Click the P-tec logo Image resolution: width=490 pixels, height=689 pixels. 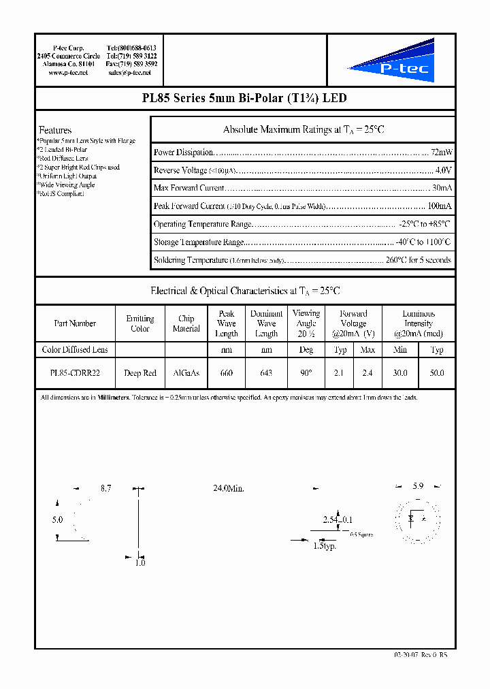pos(391,62)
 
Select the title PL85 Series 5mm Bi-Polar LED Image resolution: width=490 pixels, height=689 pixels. pos(244,98)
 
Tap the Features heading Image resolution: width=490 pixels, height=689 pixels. pos(55,130)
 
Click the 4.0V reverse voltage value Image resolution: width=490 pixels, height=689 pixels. pos(443,170)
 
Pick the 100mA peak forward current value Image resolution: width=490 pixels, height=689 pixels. pos(438,206)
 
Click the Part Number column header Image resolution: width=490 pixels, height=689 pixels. pos(75,323)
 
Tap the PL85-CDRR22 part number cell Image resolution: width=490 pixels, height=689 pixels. pos(75,373)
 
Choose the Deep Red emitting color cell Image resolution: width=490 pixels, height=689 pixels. pos(140,373)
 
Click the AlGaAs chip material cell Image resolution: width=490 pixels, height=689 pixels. pos(186,373)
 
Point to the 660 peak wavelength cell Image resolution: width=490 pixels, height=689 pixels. pos(226,373)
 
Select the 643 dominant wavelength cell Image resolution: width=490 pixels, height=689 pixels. pos(266,373)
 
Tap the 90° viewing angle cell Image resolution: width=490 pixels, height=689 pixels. pos(306,373)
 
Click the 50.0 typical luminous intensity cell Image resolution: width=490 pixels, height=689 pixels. pos(437,373)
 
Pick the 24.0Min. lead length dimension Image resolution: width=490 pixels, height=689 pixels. pos(228,489)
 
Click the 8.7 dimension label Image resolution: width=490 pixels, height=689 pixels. pos(105,489)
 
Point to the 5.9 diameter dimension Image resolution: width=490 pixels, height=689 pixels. pos(418,487)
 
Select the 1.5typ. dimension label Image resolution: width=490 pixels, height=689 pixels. pos(325,546)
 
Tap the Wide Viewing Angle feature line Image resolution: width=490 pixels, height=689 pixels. pos(67,185)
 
